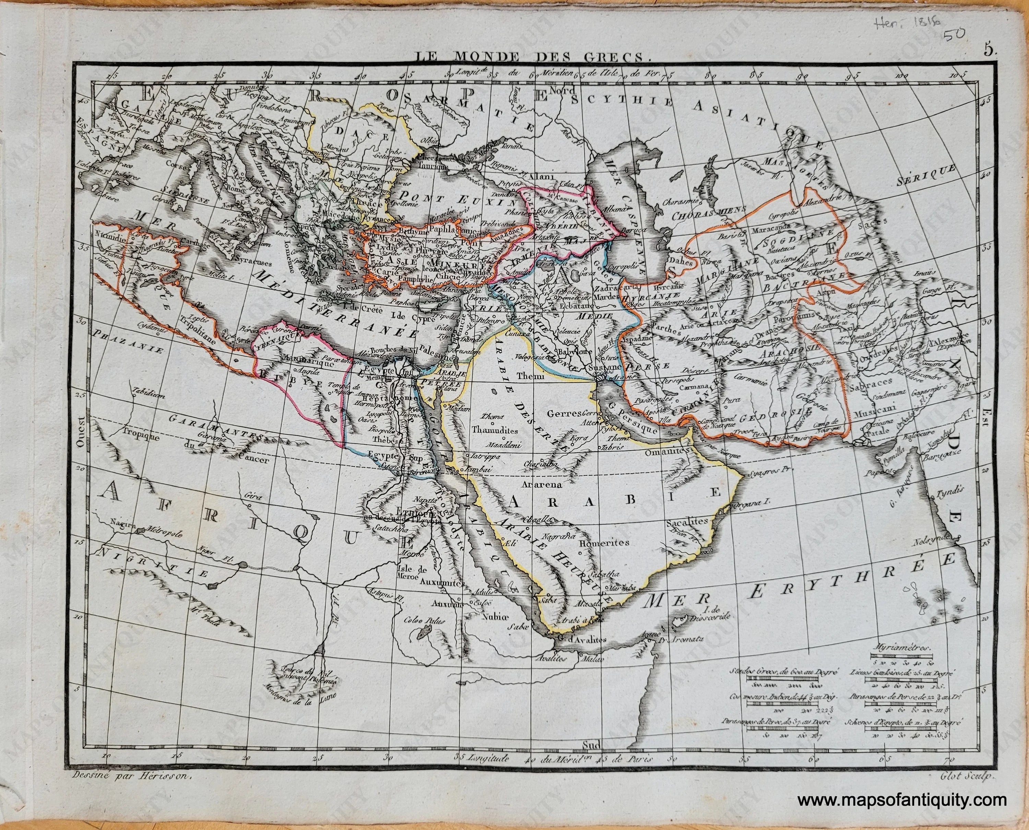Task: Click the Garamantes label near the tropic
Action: coord(217,426)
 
